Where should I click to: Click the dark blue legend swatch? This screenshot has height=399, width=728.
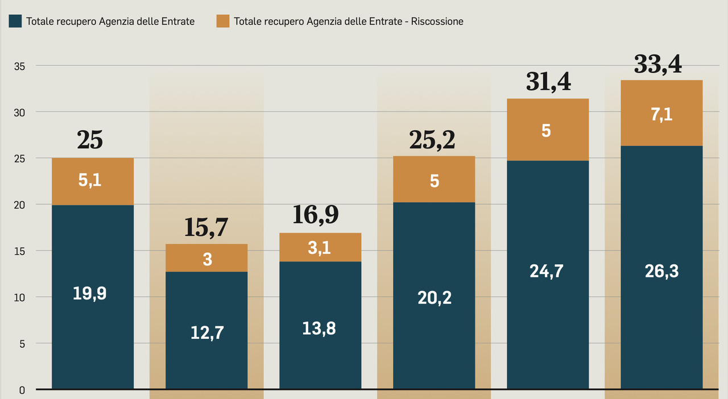coord(15,21)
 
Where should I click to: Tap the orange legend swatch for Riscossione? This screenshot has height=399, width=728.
coord(223,21)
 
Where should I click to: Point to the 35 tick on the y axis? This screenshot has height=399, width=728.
coord(19,66)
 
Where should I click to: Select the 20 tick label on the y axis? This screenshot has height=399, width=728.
coord(19,205)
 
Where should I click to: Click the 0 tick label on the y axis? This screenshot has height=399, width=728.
coord(22,390)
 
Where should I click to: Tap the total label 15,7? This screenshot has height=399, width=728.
coord(206,228)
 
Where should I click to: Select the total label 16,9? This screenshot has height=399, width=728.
coord(316,215)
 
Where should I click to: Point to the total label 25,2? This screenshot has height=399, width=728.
coord(432,140)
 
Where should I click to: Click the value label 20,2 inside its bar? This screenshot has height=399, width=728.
coord(434,297)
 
